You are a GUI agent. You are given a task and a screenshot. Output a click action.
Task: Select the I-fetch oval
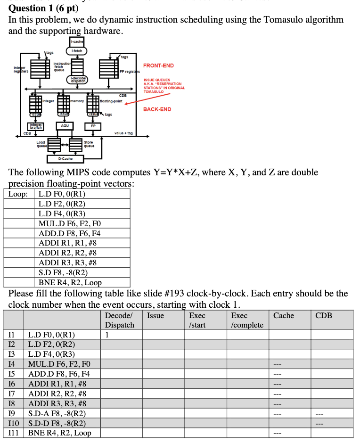(x=76, y=50)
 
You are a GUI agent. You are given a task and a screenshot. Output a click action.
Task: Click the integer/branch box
(x=36, y=126)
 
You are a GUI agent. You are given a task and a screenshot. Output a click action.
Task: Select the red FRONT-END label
(x=158, y=66)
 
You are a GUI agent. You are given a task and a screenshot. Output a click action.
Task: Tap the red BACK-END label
(x=157, y=109)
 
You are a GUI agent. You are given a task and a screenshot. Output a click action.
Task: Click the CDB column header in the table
(x=323, y=316)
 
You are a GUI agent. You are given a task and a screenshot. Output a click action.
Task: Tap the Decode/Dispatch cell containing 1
(x=107, y=335)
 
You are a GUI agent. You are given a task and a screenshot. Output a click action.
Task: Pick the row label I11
(x=14, y=433)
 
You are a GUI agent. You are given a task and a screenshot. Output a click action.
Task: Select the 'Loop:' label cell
(x=20, y=194)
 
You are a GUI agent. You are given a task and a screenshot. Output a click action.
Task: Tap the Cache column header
(x=283, y=316)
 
